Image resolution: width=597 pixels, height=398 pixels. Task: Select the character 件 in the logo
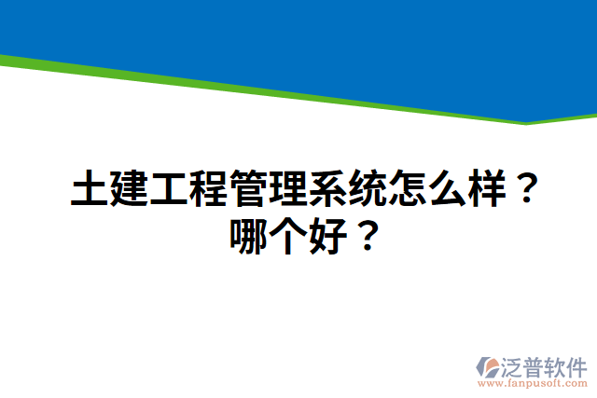576,364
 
